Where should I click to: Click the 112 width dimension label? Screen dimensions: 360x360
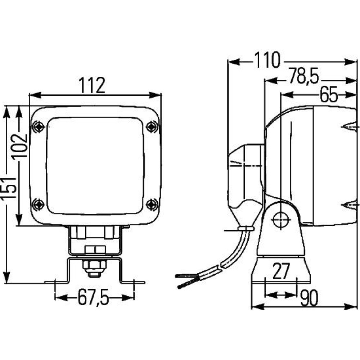92,85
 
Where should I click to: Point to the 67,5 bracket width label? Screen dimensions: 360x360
93,298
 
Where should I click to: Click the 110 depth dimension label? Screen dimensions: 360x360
267,60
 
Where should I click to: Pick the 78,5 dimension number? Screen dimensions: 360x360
304,76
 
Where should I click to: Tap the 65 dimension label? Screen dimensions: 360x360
329,94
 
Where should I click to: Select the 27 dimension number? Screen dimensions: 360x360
281,271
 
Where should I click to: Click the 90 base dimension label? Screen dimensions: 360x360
309,298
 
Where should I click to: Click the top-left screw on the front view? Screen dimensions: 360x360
38,126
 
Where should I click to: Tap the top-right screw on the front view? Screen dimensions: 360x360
152,126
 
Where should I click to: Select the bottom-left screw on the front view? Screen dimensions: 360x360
38,204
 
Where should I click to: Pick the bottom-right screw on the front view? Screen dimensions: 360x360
152,204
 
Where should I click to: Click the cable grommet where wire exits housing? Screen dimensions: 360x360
246,229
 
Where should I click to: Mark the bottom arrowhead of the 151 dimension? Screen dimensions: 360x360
7,277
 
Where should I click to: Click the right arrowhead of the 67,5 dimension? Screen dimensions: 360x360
128,298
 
